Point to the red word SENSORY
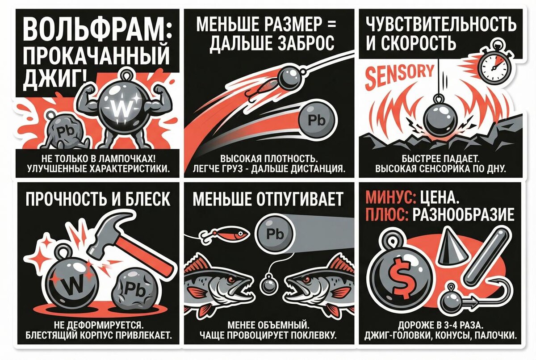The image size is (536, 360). point(399,75)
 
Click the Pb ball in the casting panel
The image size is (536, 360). point(317,120)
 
